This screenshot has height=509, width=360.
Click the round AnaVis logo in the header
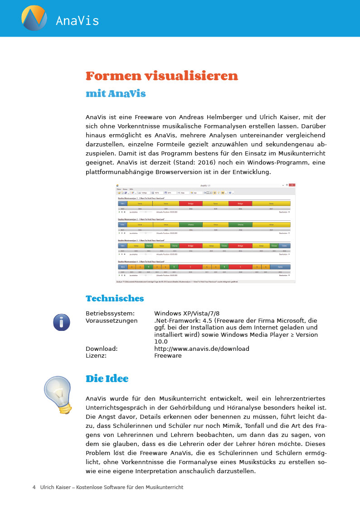pos(34,18)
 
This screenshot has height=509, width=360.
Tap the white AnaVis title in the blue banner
pos(77,21)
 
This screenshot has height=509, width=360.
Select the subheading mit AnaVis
pos(116,94)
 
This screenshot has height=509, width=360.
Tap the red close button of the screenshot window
pos(292,185)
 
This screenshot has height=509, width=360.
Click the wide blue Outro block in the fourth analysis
pos(280,267)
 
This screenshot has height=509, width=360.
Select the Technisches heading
pos(115,298)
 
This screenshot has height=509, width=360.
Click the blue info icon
pos(62,322)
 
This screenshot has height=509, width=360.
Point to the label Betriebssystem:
pos(110,313)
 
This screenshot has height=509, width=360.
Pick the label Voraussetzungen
pos(112,320)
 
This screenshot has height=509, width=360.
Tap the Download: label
pos(102,349)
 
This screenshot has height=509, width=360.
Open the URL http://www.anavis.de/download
pos(202,349)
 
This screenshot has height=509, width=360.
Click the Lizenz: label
pos(96,356)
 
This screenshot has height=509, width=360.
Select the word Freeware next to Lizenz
pos(168,356)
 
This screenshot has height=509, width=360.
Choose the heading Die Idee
pos(107,379)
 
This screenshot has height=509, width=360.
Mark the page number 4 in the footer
pos(34,487)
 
